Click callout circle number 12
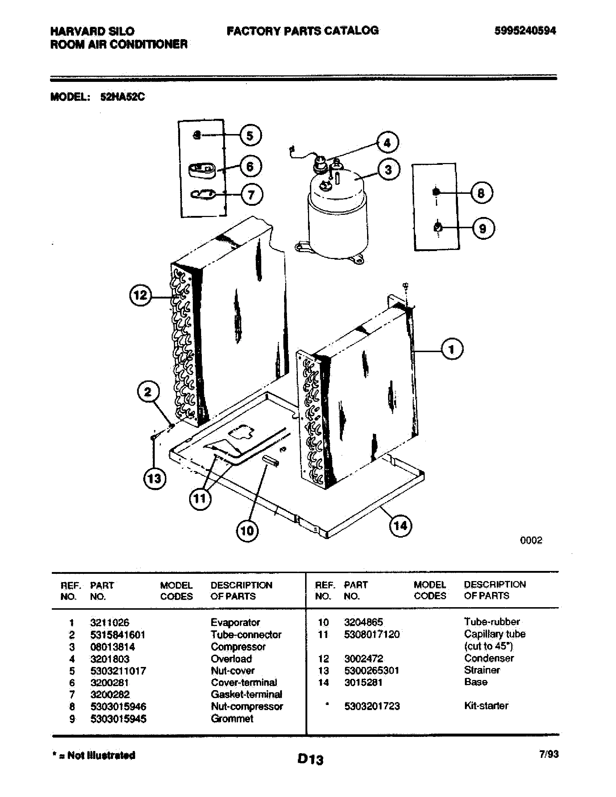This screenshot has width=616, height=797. pyautogui.click(x=141, y=295)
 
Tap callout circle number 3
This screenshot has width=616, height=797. pyautogui.click(x=388, y=170)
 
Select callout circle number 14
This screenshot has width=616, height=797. pyautogui.click(x=400, y=526)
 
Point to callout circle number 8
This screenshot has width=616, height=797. pyautogui.click(x=481, y=193)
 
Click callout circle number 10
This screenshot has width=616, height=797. pyautogui.click(x=247, y=530)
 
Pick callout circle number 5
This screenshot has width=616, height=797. pyautogui.click(x=250, y=136)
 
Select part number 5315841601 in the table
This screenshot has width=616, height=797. pyautogui.click(x=117, y=635)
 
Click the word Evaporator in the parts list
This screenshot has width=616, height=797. pyautogui.click(x=236, y=622)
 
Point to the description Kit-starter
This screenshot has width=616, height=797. pyautogui.click(x=486, y=706)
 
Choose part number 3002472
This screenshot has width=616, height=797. pyautogui.click(x=363, y=659)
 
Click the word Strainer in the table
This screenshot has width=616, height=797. pyautogui.click(x=482, y=670)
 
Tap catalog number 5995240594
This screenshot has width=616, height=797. pyautogui.click(x=525, y=31)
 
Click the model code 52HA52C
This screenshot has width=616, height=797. pyautogui.click(x=122, y=97)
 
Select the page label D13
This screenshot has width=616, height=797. pyautogui.click(x=310, y=759)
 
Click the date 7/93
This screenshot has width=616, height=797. pyautogui.click(x=549, y=754)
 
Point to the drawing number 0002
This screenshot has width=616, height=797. pyautogui.click(x=531, y=541)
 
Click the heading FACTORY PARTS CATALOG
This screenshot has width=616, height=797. pyautogui.click(x=303, y=31)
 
